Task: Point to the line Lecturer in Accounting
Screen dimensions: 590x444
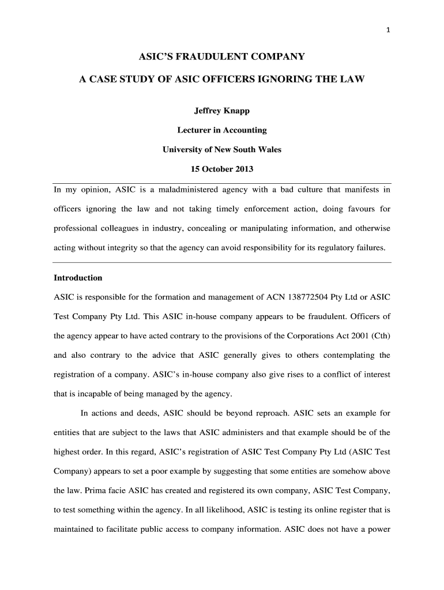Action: click(221, 130)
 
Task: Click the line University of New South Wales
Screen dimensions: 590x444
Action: click(221, 150)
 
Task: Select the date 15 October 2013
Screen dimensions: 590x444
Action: click(221, 169)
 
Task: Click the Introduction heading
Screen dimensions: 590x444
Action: click(78, 278)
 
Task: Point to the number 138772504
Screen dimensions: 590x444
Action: click(310, 297)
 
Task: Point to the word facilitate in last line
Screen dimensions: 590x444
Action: click(137, 530)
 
